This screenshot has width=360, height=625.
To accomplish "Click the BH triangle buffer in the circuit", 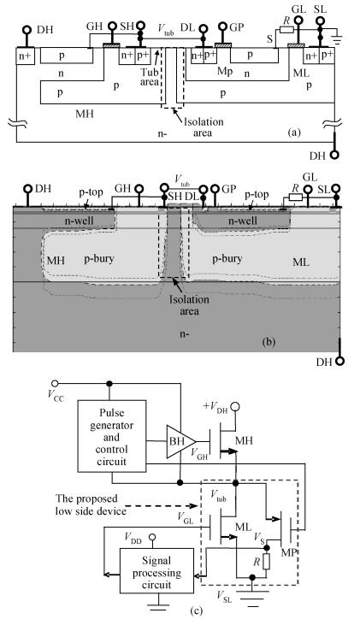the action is point(179,442).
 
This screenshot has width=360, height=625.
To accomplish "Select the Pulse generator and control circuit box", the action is point(112,436).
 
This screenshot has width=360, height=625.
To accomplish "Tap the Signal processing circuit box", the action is point(156,571).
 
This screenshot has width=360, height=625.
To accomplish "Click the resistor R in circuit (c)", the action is point(266,561).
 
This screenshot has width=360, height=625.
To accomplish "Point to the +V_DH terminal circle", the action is point(235,407).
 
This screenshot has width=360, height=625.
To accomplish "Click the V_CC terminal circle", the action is point(55,383).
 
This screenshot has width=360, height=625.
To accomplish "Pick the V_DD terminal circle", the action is point(152,536).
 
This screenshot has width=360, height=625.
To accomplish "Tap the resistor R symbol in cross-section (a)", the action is point(287,29).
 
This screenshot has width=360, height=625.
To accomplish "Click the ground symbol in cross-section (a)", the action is point(339,39).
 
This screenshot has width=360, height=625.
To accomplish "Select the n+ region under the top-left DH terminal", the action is point(25,56).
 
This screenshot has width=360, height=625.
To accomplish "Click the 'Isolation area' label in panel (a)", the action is point(203,127).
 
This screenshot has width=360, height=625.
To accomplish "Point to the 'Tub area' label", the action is point(150,77).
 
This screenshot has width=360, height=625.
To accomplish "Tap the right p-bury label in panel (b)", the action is point(227,259).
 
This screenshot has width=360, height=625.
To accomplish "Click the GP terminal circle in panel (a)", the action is point(223,28).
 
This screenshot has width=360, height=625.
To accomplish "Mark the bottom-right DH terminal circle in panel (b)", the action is point(339,362).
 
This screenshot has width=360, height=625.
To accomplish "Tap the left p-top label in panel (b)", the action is point(91,193).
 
